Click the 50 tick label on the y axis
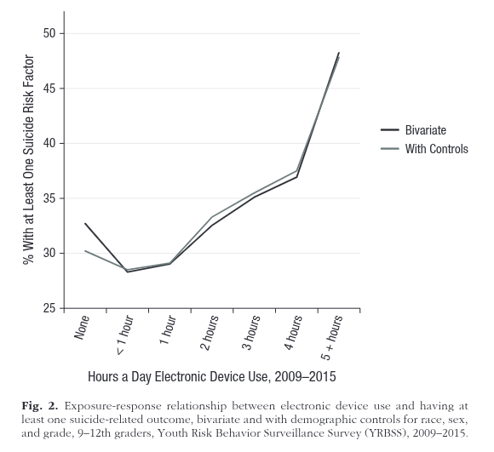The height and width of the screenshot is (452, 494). tap(50, 33)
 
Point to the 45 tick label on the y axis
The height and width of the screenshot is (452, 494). tap(50, 89)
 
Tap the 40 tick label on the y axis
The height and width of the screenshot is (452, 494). tap(50, 143)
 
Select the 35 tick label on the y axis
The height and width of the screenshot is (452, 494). tap(50, 198)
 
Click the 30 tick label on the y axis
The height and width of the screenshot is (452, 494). tap(50, 254)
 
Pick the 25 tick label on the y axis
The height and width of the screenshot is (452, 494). tap(50, 308)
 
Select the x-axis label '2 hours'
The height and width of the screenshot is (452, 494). tap(209, 333)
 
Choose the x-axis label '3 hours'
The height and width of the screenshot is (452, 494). tap(251, 333)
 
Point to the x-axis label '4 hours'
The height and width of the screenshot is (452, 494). tap(293, 333)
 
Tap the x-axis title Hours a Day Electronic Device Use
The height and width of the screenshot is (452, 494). tap(212, 375)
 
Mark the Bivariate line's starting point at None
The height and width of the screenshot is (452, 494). tap(85, 224)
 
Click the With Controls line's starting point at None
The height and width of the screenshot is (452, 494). tap(85, 251)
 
